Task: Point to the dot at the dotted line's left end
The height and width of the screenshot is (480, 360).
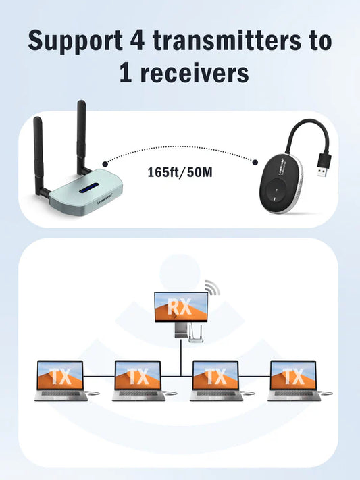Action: pos(104,163)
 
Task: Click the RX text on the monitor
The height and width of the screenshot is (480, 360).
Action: pos(180,307)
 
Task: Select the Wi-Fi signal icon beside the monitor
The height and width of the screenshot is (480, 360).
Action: pos(212,288)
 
